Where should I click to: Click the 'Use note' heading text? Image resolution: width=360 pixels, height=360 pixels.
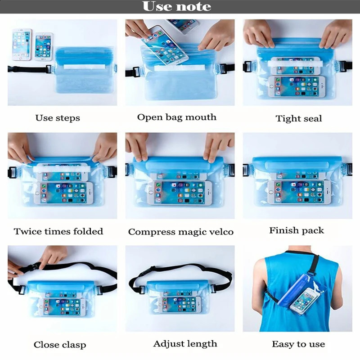pyautogui.click(x=176, y=7)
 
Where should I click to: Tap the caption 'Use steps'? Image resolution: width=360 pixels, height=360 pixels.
pyautogui.click(x=58, y=118)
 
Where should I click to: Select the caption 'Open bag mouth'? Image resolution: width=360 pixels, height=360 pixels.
pyautogui.click(x=176, y=117)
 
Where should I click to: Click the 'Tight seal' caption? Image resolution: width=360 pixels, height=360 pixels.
pyautogui.click(x=299, y=119)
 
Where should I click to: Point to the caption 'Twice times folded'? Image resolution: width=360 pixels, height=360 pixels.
pyautogui.click(x=58, y=232)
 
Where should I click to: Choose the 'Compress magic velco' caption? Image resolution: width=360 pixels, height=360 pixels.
pyautogui.click(x=180, y=232)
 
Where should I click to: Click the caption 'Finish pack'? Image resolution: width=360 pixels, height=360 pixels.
pyautogui.click(x=297, y=230)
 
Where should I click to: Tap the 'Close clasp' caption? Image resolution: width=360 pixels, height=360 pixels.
pyautogui.click(x=59, y=345)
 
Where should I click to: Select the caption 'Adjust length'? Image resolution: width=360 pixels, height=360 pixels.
pyautogui.click(x=185, y=344)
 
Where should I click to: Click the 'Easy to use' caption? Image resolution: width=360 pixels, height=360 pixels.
pyautogui.click(x=298, y=344)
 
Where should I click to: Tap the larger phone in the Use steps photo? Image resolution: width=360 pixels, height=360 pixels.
pyautogui.click(x=22, y=44)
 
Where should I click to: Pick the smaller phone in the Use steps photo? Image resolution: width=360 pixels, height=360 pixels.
pyautogui.click(x=44, y=46)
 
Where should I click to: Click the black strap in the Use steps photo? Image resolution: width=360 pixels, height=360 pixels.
pyautogui.click(x=27, y=70)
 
